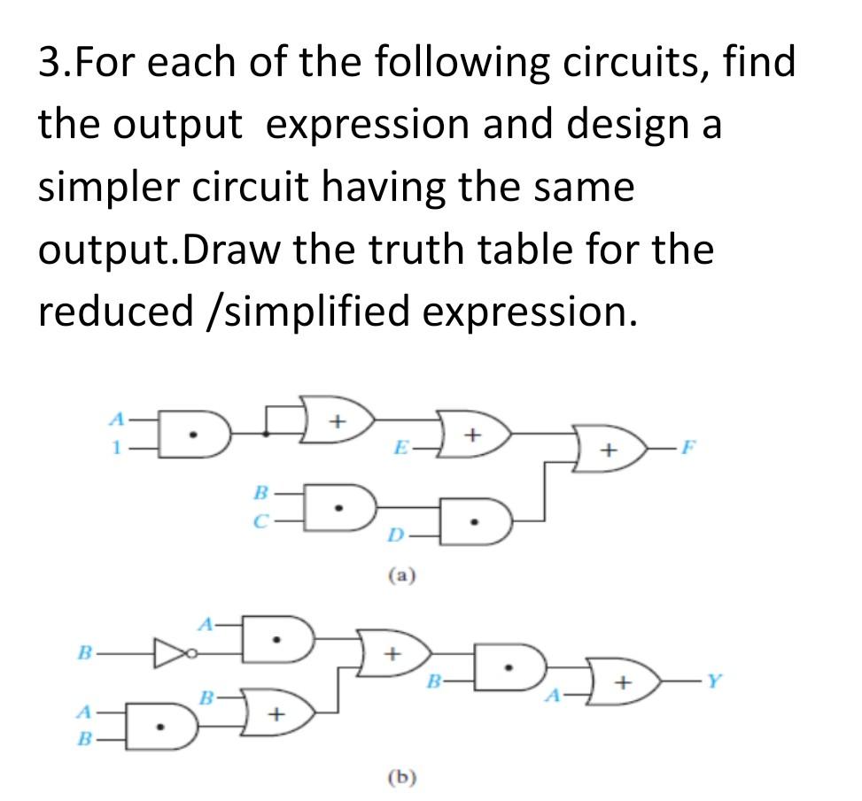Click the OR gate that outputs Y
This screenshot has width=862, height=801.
click(628, 683)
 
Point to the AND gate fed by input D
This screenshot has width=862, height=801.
click(477, 521)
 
